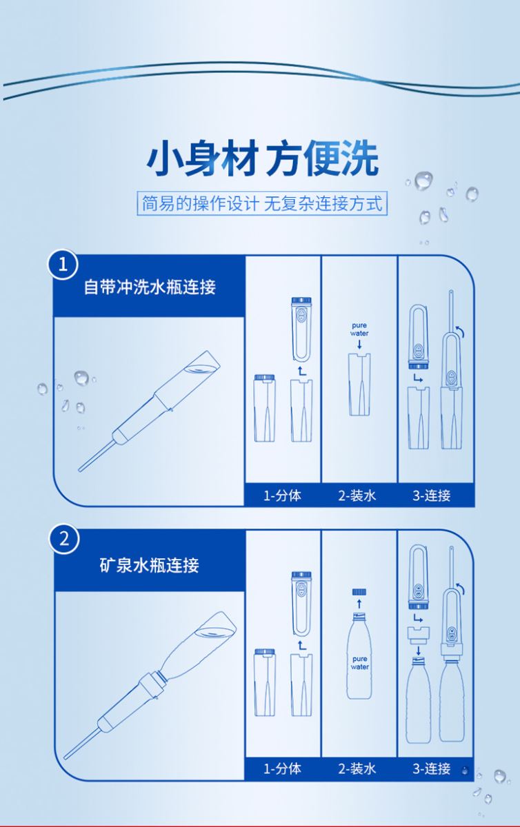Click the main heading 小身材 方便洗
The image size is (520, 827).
pos(262,159)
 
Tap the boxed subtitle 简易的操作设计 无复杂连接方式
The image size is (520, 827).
pos(262,203)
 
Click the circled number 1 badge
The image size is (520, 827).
pos(63,265)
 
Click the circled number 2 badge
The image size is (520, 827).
pos(64,540)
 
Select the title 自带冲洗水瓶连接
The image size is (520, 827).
pos(150,287)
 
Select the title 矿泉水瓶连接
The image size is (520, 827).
pos(150,565)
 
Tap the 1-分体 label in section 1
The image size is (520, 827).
pos(282,496)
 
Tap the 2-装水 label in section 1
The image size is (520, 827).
pos(357,496)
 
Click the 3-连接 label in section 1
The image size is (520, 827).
pos(432,496)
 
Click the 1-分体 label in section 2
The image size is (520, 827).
pos(282,768)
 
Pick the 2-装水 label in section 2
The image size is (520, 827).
pos(357,768)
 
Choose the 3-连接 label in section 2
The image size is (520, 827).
pos(432,768)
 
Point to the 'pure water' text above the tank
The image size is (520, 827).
pos(359,329)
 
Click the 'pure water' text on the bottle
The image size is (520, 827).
pos(359,663)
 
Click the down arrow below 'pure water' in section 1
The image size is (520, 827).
pos(359,345)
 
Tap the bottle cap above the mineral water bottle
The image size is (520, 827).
pos(359,592)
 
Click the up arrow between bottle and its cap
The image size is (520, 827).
pos(359,604)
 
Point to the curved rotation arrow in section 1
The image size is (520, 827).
pos(459,331)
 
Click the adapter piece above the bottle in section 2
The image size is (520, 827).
pos(419,635)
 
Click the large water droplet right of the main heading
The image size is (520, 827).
pos(423,181)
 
